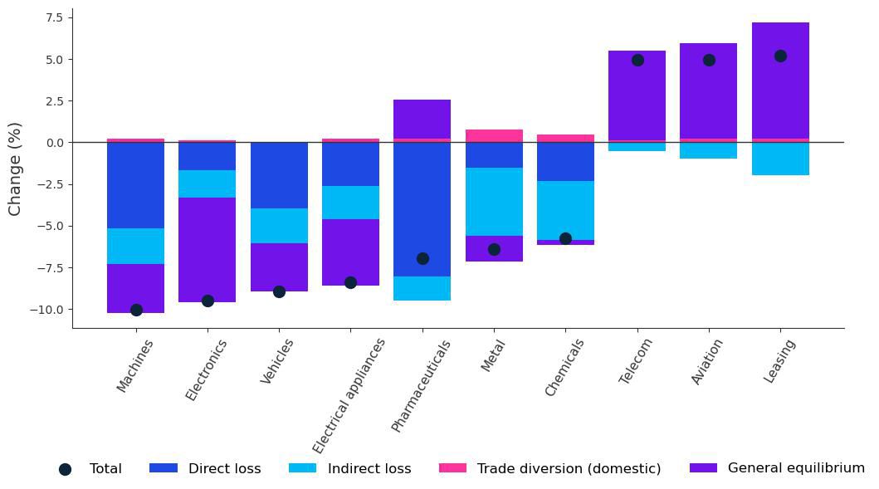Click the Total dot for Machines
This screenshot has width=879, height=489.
point(136,310)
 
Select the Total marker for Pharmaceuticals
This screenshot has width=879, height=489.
point(422,258)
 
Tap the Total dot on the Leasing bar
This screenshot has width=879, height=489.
point(780,56)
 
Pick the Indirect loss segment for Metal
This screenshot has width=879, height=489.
point(494,202)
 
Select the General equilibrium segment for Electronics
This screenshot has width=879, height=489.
point(208,249)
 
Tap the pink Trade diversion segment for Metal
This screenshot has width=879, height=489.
point(494,135)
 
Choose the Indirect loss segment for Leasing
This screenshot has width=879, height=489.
point(780,159)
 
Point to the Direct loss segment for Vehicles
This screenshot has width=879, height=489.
point(279,175)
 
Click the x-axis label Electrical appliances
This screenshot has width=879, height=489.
point(349,384)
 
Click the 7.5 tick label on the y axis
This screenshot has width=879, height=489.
point(54,17)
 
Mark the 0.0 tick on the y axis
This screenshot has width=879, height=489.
point(54,143)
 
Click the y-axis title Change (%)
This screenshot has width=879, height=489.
point(15,169)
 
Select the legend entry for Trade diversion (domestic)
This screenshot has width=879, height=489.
point(569,468)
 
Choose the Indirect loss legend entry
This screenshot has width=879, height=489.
point(369,468)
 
